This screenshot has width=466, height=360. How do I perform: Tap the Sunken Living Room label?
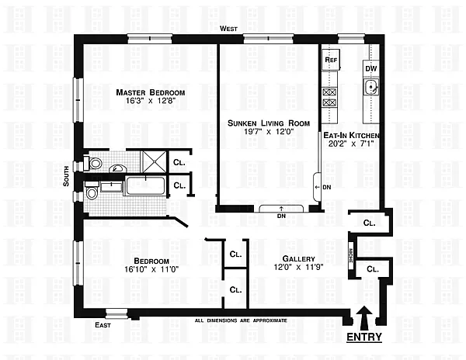[x=269, y=123]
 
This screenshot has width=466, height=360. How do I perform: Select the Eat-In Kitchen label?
[x=349, y=133]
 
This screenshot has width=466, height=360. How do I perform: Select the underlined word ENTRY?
[x=363, y=339]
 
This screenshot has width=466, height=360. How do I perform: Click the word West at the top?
[x=228, y=29]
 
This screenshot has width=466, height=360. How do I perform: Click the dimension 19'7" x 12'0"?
[x=270, y=132]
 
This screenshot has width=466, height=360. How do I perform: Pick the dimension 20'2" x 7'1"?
[x=349, y=142]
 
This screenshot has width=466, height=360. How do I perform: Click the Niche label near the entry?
[x=351, y=256]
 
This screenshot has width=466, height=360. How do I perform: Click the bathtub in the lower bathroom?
[x=144, y=186]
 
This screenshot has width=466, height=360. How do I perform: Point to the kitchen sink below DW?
[x=371, y=93]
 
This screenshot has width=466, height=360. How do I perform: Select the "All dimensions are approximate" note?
[x=241, y=320]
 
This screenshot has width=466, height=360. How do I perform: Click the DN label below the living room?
[x=280, y=216]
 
